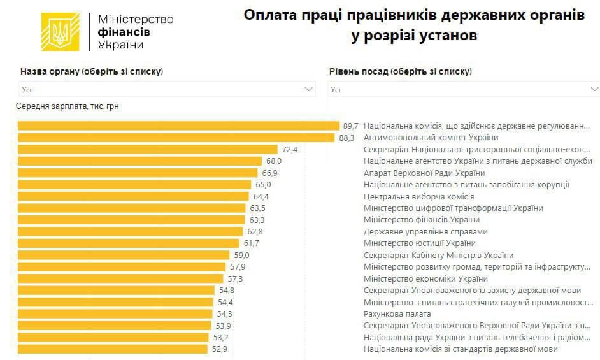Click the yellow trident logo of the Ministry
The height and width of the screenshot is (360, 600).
click(61, 32)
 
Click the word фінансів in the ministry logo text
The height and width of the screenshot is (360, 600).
click(125, 32)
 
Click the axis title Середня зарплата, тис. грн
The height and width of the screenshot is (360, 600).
click(67, 106)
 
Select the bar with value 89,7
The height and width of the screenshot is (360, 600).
click(178, 126)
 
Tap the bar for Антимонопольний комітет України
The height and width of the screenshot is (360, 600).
click(176, 138)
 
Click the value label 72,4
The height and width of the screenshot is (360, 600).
click(290, 150)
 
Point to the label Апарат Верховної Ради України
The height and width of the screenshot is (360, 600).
click(424, 173)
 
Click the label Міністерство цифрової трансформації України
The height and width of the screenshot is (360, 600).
click(453, 208)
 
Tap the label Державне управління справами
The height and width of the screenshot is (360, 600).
click(425, 232)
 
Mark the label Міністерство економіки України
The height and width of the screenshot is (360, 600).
click(425, 279)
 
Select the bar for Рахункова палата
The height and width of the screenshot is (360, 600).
click(115, 314)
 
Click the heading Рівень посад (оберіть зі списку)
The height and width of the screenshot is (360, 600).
click(400, 71)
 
